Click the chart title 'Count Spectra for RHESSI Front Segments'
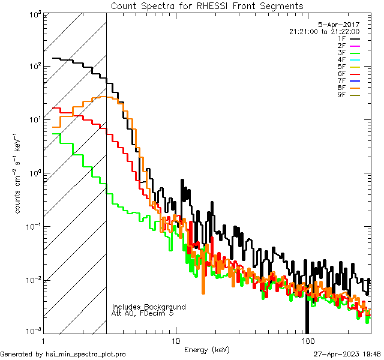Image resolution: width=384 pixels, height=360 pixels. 207,5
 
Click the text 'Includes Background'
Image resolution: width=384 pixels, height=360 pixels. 149,307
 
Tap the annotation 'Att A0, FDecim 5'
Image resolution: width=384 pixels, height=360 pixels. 143,313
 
